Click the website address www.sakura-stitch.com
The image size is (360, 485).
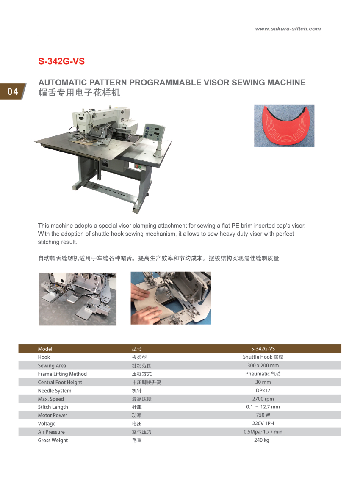[288, 29]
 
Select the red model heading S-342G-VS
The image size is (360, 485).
[61, 61]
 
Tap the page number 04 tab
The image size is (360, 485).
[13, 91]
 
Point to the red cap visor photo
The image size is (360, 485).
[284, 125]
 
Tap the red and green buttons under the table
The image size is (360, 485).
[138, 166]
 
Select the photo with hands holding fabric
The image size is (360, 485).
[171, 298]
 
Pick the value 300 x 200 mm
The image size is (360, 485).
[263, 365]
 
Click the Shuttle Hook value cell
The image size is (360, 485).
[263, 357]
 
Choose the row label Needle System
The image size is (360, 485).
[55, 391]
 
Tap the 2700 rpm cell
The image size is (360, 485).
[263, 399]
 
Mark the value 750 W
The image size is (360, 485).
[263, 415]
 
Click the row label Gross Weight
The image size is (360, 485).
[53, 440]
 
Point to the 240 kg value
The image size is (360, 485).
[262, 440]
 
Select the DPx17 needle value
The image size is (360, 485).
[263, 390]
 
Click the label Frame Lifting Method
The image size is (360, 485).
[62, 374]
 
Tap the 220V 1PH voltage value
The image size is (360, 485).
[263, 423]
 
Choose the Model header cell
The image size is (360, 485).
[45, 349]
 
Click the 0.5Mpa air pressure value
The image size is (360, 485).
[263, 432]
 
